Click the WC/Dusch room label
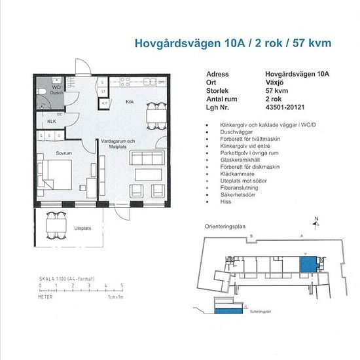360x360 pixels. point(57,90)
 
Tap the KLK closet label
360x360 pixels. point(52,121)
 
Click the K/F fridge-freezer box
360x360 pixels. point(103,103)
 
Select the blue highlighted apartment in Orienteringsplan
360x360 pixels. point(307,264)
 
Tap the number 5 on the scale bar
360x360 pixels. point(122,287)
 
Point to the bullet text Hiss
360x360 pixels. point(217,204)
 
